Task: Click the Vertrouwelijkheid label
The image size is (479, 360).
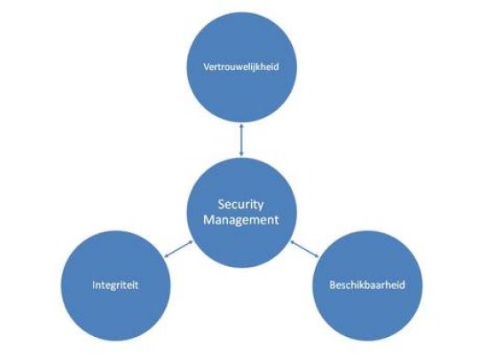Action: click(x=241, y=67)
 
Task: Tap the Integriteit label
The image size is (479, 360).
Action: click(x=115, y=286)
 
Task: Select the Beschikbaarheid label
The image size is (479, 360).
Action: click(x=367, y=286)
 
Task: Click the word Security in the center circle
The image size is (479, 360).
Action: click(x=240, y=205)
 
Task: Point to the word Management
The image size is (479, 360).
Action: click(x=241, y=220)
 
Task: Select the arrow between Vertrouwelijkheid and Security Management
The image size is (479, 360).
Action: click(x=241, y=140)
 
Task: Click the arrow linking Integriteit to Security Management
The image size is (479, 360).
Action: click(x=178, y=249)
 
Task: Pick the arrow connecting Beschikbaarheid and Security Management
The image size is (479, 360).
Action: click(x=304, y=249)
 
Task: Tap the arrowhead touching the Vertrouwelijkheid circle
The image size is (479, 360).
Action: click(x=241, y=125)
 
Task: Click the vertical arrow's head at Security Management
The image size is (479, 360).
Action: click(x=241, y=154)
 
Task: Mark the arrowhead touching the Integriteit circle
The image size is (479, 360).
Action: click(x=166, y=256)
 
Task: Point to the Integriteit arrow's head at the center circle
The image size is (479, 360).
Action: click(x=191, y=242)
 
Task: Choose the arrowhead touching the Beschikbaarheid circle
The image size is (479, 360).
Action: click(x=317, y=256)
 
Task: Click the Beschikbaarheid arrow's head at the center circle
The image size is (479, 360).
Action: click(x=292, y=242)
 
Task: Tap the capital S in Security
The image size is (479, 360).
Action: click(x=221, y=204)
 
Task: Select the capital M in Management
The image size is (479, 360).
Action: click(x=208, y=220)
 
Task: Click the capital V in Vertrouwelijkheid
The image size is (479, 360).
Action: click(x=206, y=67)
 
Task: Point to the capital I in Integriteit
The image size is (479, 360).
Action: click(x=93, y=286)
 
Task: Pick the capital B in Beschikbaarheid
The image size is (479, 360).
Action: click(x=333, y=286)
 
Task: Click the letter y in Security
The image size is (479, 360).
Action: click(x=260, y=207)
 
